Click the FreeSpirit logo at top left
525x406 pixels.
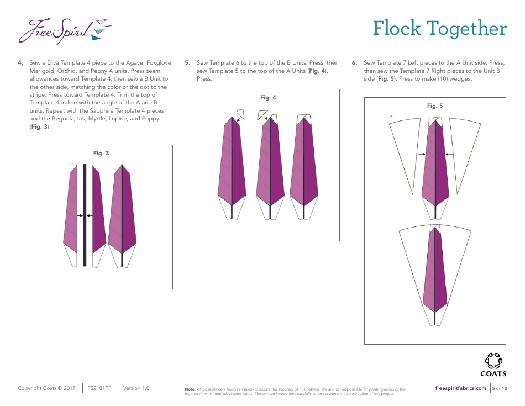coord(64,30)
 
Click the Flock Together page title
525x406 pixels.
coord(439,28)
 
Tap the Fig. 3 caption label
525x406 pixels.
coord(101,153)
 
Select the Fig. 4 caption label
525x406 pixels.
coord(268,98)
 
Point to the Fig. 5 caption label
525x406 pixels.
coord(435,106)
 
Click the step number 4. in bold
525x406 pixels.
coord(20,63)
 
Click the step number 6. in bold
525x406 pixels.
coord(355,63)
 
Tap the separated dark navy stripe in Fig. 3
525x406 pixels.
coord(85,215)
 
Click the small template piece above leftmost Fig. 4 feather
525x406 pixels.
coord(240,114)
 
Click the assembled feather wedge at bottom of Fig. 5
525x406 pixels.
coord(435,271)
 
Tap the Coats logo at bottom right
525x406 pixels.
coord(493,364)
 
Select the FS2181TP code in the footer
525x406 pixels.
coord(99,388)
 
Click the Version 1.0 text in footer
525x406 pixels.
coord(136,388)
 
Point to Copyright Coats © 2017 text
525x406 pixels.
coord(48,388)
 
